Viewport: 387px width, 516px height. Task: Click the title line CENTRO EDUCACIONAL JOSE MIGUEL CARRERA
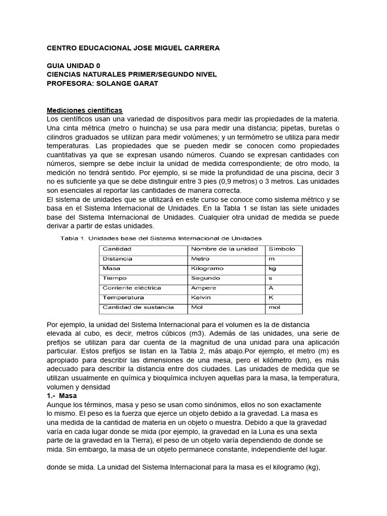[133, 48]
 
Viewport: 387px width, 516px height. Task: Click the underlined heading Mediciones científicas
[85, 110]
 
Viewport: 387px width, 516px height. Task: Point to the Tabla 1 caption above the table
[161, 238]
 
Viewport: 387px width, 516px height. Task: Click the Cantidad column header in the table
[117, 249]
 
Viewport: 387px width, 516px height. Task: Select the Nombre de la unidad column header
[224, 249]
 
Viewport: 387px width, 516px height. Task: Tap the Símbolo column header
[282, 249]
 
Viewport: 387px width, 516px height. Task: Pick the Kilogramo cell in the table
[207, 269]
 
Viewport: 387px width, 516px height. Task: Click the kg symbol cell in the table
[273, 269]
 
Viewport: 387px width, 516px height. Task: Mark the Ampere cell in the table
[203, 288]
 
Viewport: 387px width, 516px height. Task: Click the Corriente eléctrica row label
[132, 288]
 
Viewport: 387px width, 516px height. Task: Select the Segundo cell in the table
[205, 278]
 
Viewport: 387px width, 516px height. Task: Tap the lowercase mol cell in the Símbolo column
[275, 307]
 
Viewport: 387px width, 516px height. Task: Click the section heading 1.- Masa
[61, 396]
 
